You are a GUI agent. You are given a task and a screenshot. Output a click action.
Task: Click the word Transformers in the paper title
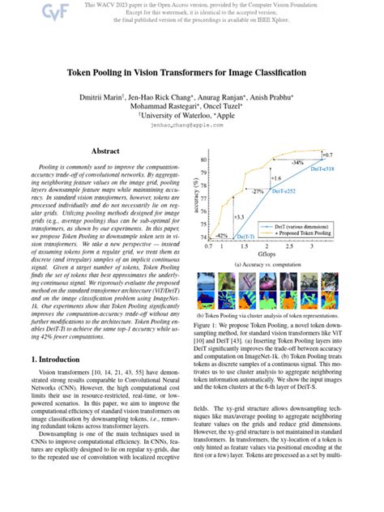[x=189, y=72]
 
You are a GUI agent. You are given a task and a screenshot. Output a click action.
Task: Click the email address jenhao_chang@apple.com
[x=192, y=126]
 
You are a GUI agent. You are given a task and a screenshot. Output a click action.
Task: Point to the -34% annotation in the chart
[x=297, y=163]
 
